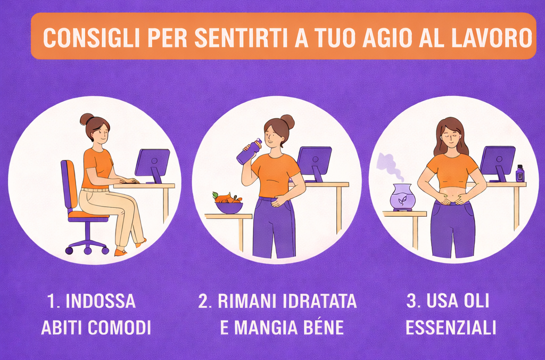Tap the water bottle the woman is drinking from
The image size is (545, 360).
[x=249, y=152]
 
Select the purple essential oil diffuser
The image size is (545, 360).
[x=402, y=198]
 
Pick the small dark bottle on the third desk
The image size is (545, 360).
[x=520, y=174]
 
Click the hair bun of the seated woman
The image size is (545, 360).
[x=86, y=119]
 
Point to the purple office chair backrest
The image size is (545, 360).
[x=68, y=184]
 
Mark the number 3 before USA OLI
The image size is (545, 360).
[x=411, y=301]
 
